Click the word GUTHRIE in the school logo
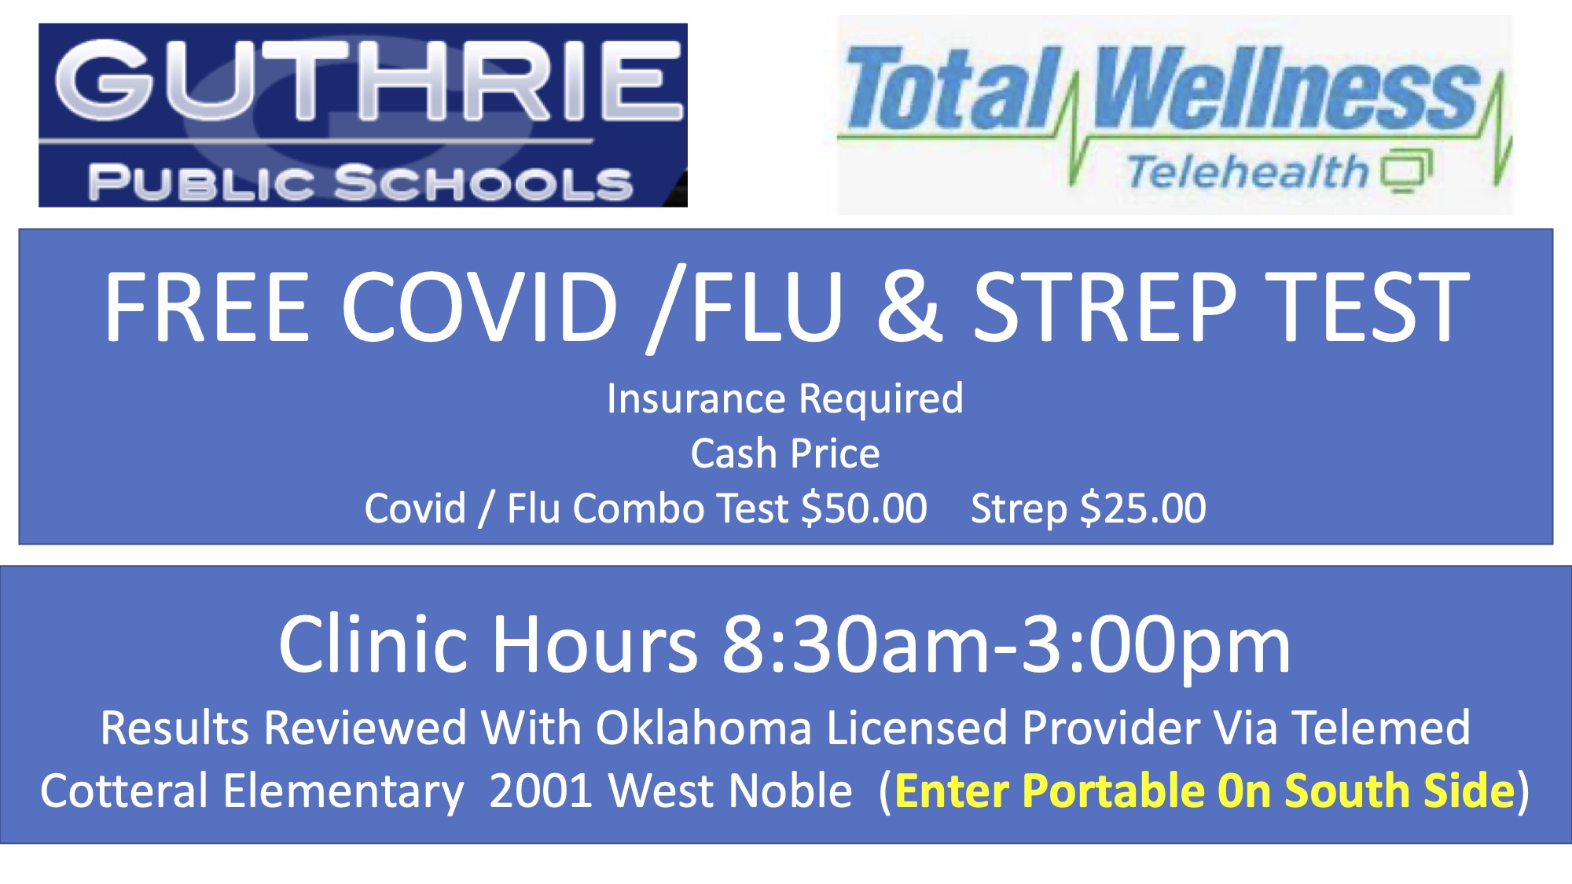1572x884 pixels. click(x=368, y=81)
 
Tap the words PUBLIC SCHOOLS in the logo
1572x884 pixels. click(x=361, y=183)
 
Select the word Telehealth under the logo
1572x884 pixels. click(x=1247, y=171)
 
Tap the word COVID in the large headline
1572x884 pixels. click(x=479, y=306)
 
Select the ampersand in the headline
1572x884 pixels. click(x=910, y=306)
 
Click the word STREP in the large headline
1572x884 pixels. click(x=1105, y=306)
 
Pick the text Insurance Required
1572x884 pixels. click(x=785, y=399)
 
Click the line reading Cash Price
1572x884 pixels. click(x=785, y=453)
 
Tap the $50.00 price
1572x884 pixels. click(x=864, y=508)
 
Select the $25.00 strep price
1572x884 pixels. click(x=1144, y=508)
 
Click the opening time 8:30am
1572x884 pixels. click(x=858, y=645)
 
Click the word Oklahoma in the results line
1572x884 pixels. click(x=703, y=728)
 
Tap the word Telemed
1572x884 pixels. click(x=1381, y=728)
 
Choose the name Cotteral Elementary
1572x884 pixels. click(x=252, y=790)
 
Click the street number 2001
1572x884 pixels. click(x=541, y=790)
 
